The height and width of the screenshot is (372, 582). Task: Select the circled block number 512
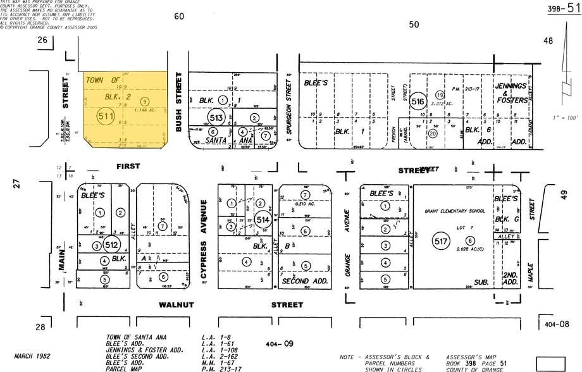(112, 245)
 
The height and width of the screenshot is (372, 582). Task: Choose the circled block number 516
(418, 101)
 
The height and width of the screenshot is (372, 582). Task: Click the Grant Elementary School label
(455, 211)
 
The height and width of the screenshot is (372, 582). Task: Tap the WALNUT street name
(176, 305)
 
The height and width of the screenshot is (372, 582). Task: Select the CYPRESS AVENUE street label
(204, 239)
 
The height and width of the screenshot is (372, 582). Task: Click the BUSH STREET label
(179, 104)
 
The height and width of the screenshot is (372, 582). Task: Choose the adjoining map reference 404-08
(556, 324)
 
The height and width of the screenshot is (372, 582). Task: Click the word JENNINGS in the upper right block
(511, 85)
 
